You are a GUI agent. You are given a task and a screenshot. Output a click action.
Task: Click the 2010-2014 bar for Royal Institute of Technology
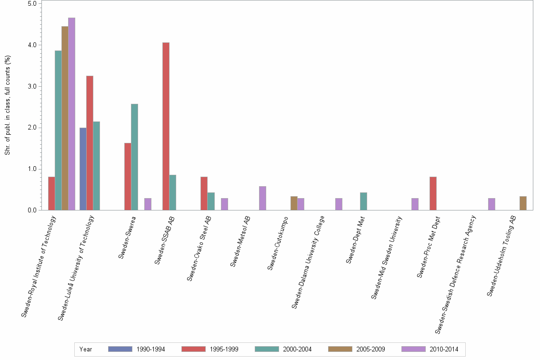[x=71, y=114]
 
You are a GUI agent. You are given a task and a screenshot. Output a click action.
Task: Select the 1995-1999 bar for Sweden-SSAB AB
[x=166, y=126]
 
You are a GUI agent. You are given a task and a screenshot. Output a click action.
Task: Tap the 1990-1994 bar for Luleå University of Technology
[x=83, y=169]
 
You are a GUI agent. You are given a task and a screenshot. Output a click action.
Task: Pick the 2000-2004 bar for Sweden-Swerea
[x=134, y=157]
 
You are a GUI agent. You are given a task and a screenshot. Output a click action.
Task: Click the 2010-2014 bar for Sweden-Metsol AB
[x=262, y=198]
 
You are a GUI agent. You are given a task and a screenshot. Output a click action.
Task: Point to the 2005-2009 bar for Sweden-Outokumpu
[x=294, y=203]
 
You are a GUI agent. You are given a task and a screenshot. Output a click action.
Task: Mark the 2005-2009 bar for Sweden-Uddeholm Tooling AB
[x=523, y=203]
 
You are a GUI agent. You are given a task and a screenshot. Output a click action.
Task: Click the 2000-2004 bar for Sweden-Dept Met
[x=363, y=201]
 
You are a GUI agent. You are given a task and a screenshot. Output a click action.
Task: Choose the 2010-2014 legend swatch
[x=413, y=349]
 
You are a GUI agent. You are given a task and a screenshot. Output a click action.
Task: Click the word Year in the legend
[x=86, y=349]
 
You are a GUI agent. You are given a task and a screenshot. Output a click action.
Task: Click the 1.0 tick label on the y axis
[x=33, y=169]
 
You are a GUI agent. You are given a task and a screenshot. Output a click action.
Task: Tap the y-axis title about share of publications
[x=8, y=105]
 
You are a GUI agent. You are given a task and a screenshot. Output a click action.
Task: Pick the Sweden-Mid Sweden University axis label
[x=387, y=257]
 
